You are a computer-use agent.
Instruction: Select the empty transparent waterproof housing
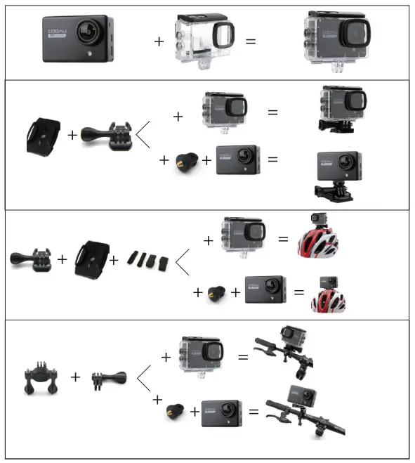point(205,41)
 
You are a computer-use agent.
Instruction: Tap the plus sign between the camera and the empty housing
point(159,41)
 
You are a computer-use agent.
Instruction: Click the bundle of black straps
point(147,259)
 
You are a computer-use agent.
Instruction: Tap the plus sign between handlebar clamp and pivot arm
point(75,377)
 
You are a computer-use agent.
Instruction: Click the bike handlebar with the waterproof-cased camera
point(286,352)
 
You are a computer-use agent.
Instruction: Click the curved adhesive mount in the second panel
point(40,133)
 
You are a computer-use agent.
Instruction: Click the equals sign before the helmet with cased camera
point(283,239)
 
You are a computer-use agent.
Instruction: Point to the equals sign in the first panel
point(251,41)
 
